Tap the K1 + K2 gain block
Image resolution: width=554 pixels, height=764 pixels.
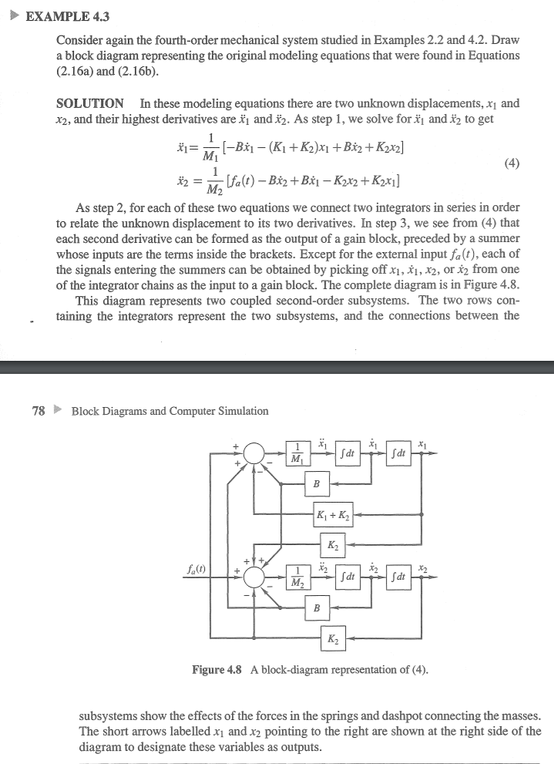click(x=333, y=514)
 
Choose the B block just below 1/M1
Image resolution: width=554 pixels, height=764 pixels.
click(x=316, y=484)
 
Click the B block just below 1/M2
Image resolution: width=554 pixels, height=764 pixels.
click(x=316, y=608)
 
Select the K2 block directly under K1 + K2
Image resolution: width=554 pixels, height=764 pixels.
click(x=333, y=545)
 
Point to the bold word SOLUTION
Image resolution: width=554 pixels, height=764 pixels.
click(x=90, y=103)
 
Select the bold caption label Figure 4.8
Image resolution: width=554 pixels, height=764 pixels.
click(x=218, y=669)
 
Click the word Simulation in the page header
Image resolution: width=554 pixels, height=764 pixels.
click(x=240, y=411)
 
